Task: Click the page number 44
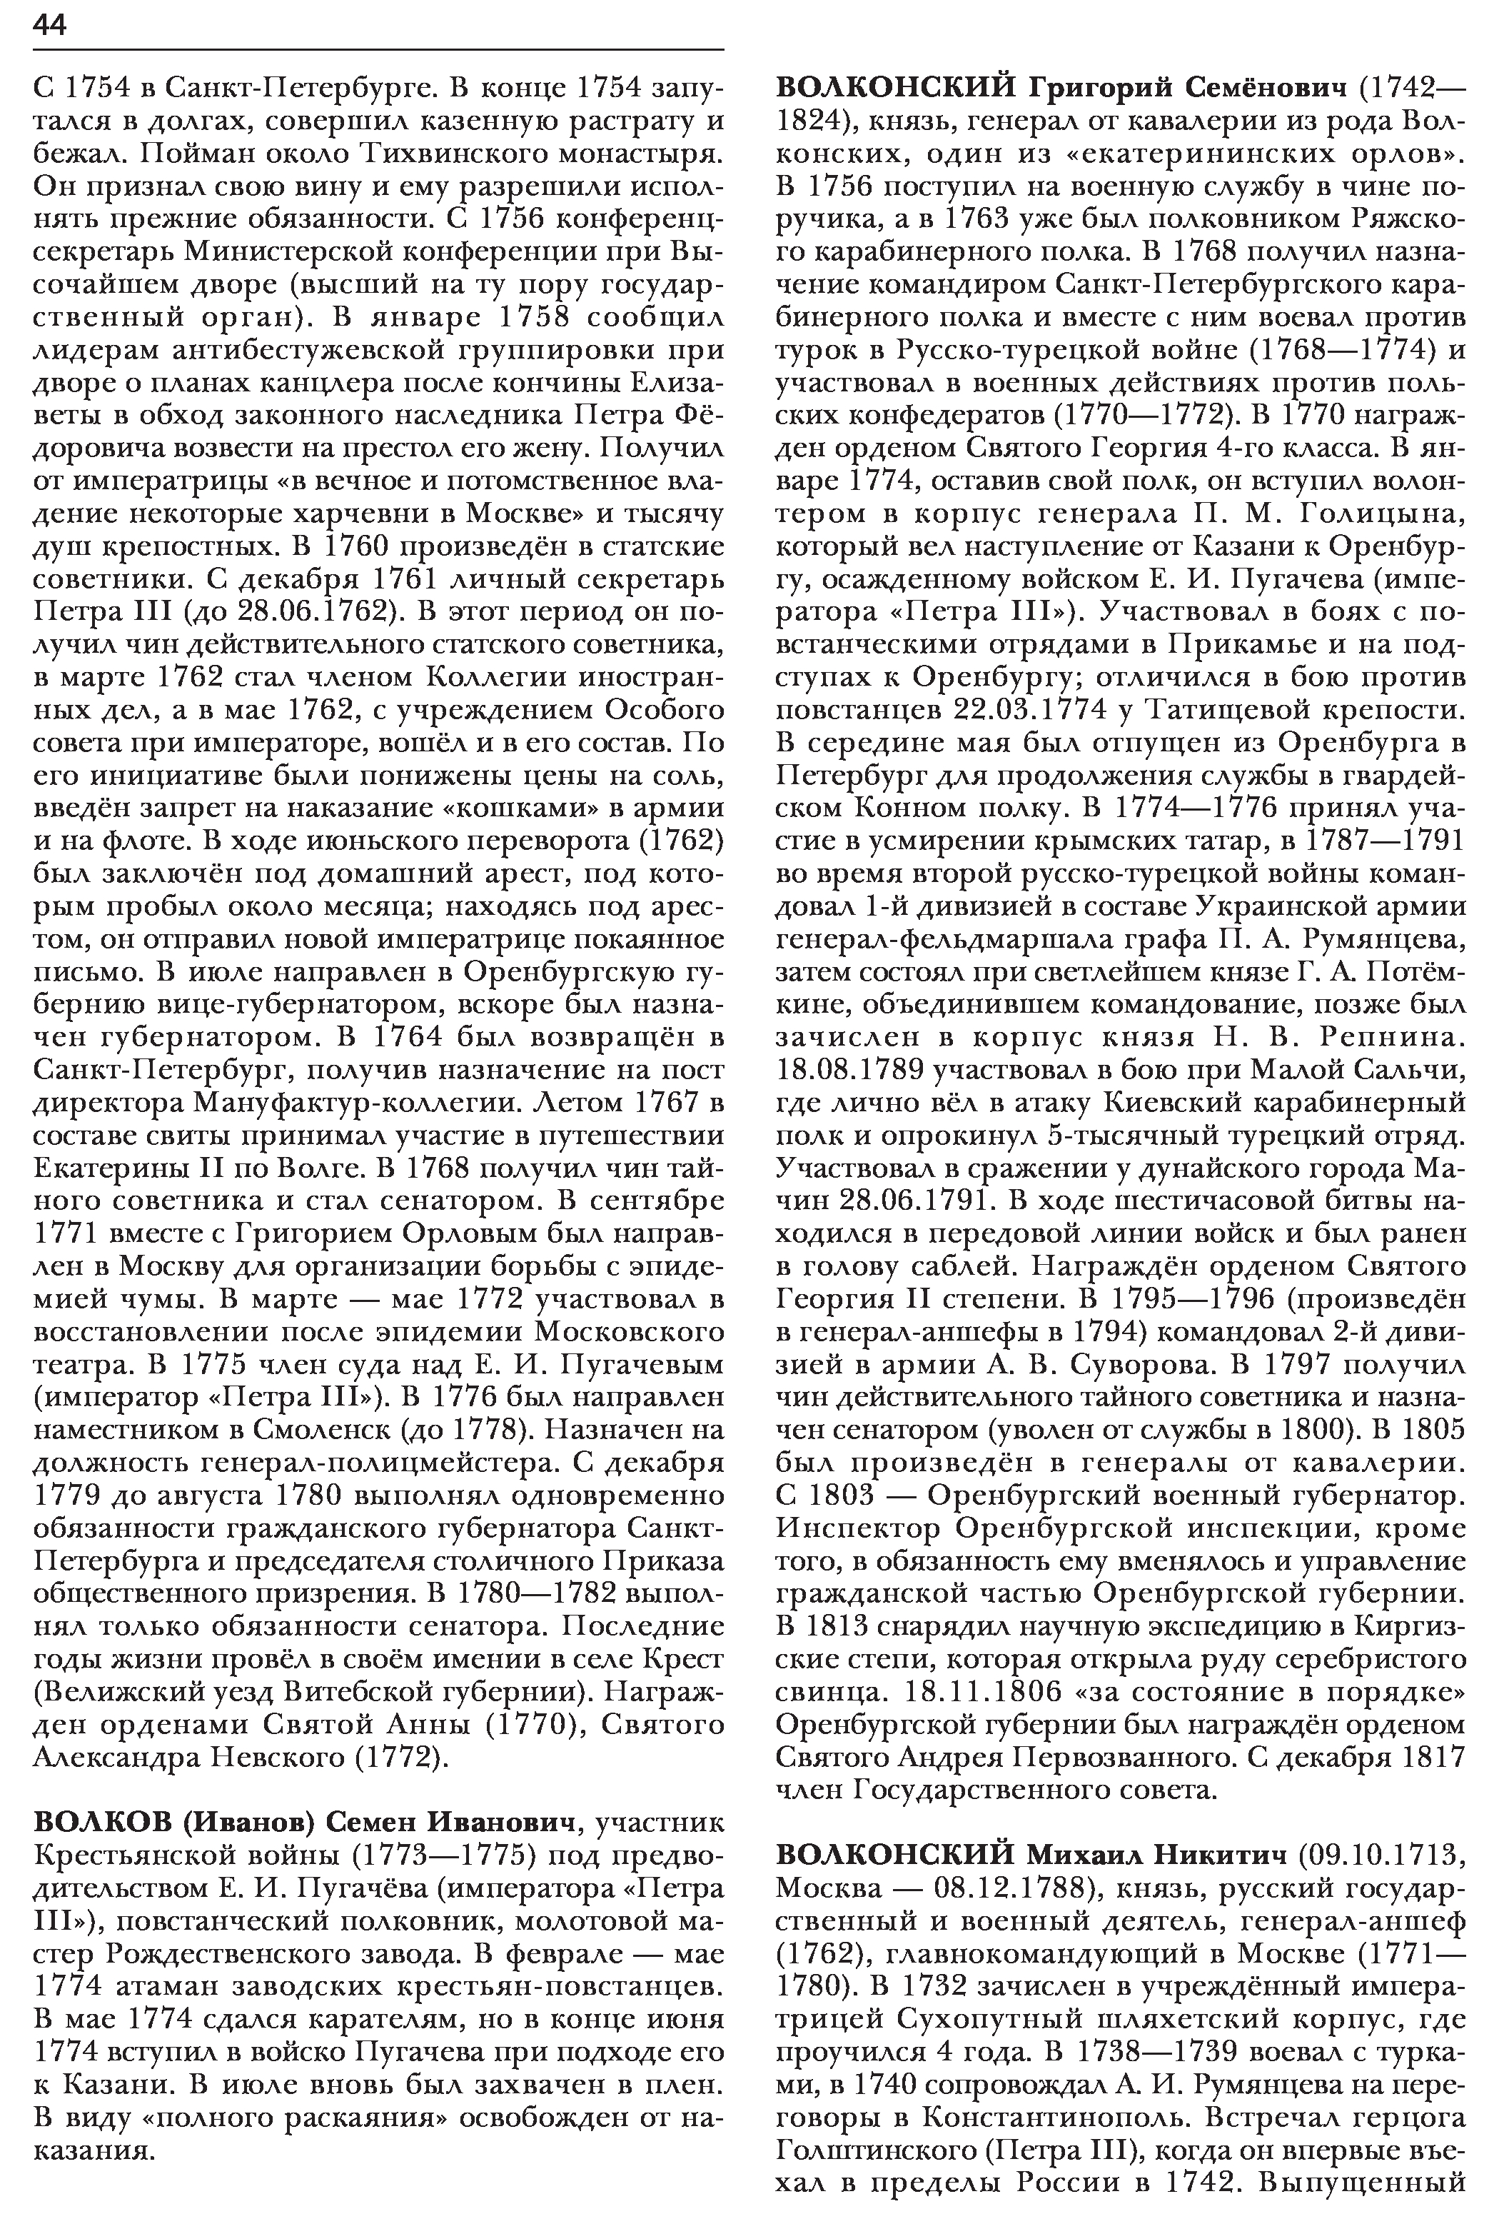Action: coord(49,26)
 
